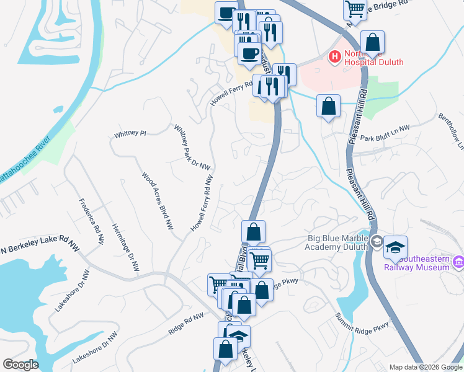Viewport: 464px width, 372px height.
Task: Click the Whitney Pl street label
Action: [x=130, y=133]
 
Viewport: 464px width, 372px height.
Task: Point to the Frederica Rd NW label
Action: [x=91, y=216]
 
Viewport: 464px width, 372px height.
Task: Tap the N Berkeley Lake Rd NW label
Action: [x=40, y=249]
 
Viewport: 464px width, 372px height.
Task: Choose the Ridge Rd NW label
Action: [x=185, y=324]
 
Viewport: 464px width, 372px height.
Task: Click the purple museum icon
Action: [x=458, y=262]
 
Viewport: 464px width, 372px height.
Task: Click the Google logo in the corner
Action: [x=20, y=365]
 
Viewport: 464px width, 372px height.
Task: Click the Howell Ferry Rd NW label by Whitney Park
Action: [x=203, y=203]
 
